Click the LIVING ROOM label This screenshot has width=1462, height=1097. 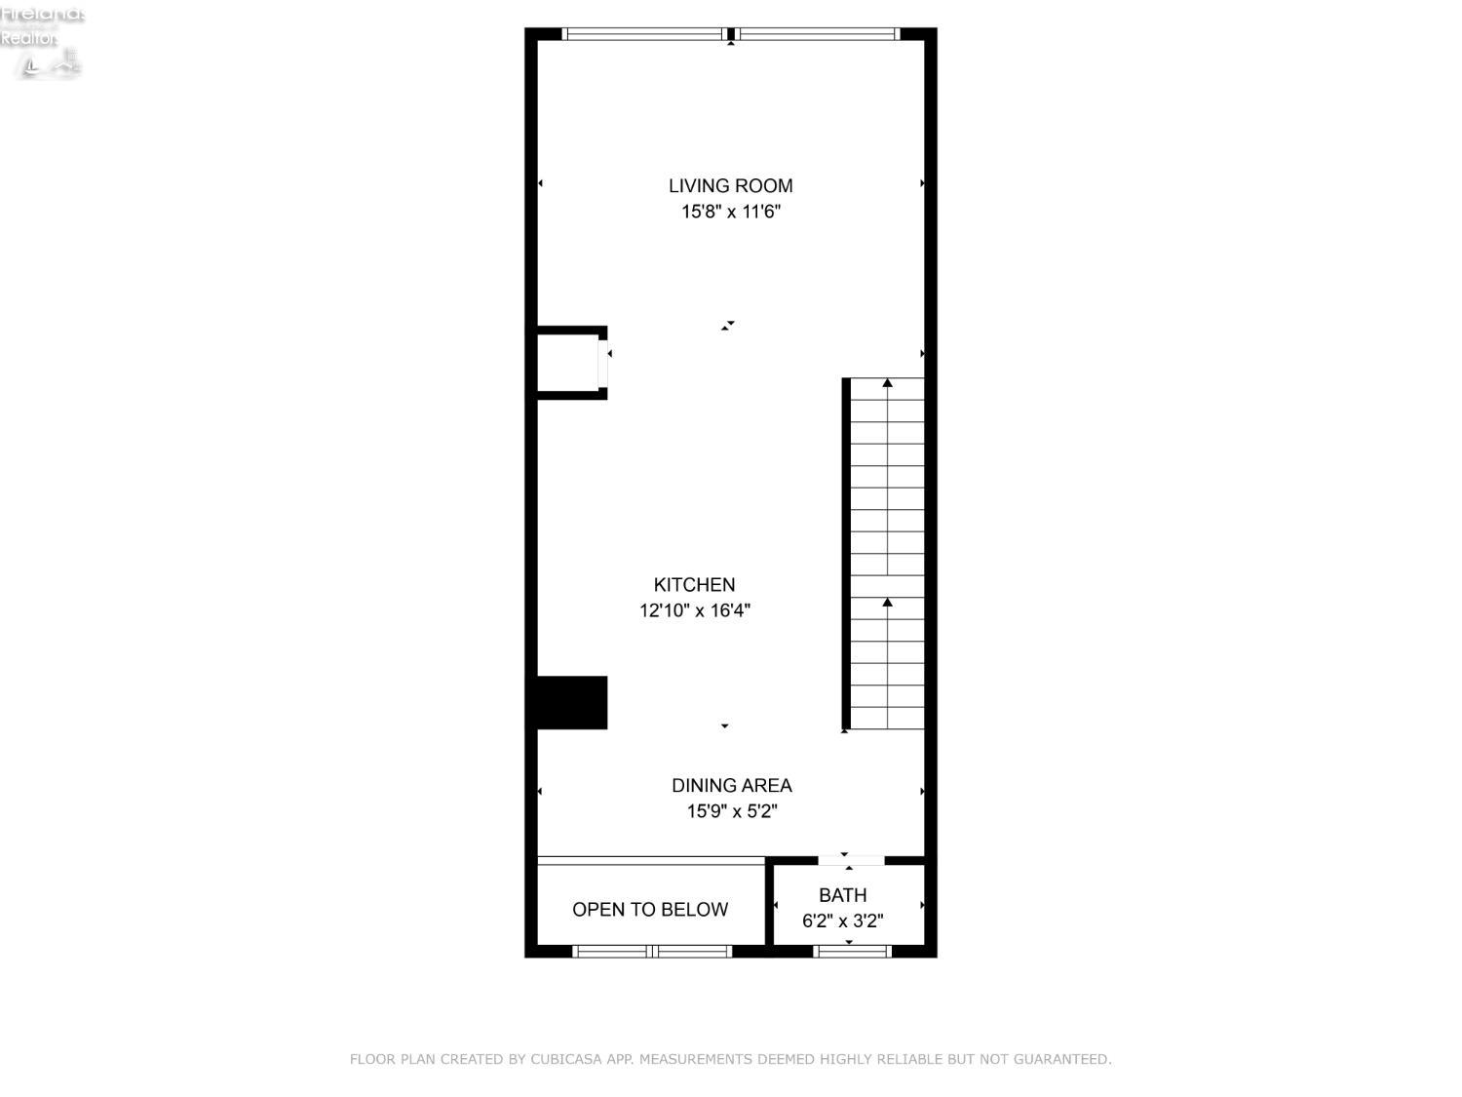[730, 185]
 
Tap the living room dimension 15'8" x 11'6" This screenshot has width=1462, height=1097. [730, 212]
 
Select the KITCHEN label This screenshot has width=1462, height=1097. [694, 584]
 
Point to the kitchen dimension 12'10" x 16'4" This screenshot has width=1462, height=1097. [694, 610]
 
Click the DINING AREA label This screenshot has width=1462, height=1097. [731, 785]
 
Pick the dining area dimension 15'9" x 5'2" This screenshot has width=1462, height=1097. [731, 811]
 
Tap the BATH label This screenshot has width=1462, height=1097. [842, 894]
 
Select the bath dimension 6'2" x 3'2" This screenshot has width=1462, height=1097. [842, 921]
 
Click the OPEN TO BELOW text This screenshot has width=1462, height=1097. [650, 909]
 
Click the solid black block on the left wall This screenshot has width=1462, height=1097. [571, 702]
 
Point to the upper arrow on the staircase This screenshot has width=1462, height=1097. [887, 383]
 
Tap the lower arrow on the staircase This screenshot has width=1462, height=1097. [887, 603]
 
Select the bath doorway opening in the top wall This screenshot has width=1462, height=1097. [851, 860]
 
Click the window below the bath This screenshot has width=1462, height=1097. [852, 952]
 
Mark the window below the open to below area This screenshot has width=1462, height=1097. [652, 952]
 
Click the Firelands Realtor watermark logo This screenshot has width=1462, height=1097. [42, 39]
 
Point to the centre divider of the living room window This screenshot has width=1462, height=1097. [730, 34]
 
